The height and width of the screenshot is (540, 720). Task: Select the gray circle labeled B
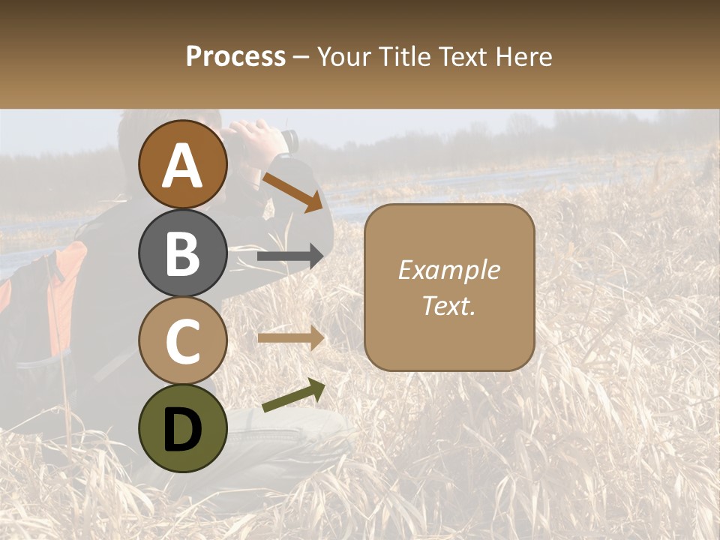[x=183, y=253]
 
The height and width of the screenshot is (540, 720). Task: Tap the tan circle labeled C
[x=183, y=340]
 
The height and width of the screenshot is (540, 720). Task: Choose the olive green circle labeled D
[x=183, y=428]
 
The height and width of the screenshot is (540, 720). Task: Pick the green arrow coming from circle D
[x=293, y=396]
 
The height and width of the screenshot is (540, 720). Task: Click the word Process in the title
[x=235, y=57]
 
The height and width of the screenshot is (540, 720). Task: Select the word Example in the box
[x=448, y=270]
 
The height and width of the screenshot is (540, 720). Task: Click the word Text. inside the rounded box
[x=448, y=305]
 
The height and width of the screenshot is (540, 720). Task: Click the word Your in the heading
[x=342, y=57]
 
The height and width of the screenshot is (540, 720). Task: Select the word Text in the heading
[x=463, y=57]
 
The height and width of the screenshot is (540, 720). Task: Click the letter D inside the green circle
[x=183, y=430]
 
